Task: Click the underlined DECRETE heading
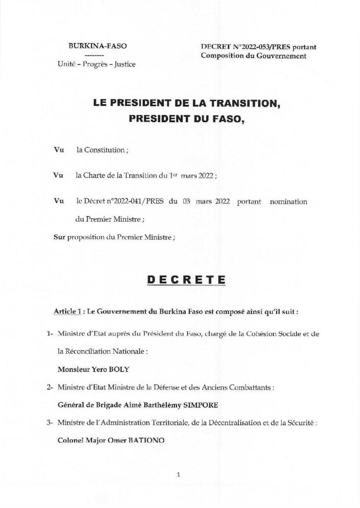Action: (180, 280)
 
